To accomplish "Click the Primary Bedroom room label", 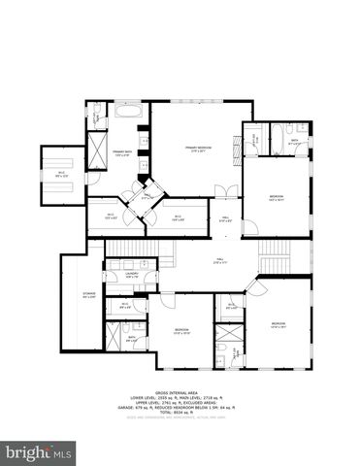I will pyautogui.click(x=198, y=149).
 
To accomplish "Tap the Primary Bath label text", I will pyautogui.click(x=122, y=153).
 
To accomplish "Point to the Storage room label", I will pyautogui.click(x=88, y=296).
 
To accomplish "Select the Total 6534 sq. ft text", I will pyautogui.click(x=180, y=413).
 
